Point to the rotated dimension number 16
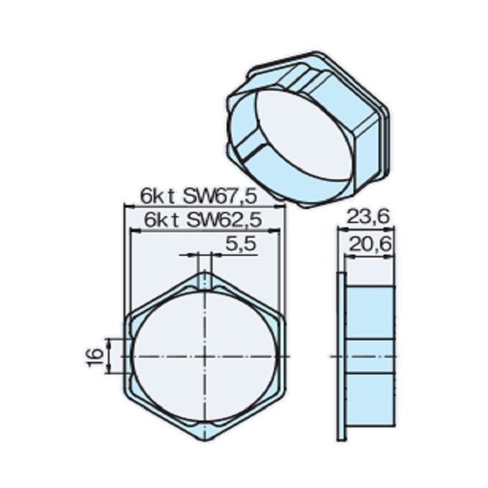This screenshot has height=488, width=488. click(x=97, y=355)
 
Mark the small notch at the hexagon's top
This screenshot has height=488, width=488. click(x=204, y=280)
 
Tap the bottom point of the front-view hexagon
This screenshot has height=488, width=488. click(x=204, y=441)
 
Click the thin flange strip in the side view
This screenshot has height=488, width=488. click(x=340, y=356)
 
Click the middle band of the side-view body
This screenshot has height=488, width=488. click(x=370, y=356)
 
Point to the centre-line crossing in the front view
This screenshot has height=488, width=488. click(x=204, y=356)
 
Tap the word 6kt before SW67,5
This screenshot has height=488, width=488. click(x=158, y=195)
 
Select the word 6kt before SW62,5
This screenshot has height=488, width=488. click(x=158, y=220)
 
